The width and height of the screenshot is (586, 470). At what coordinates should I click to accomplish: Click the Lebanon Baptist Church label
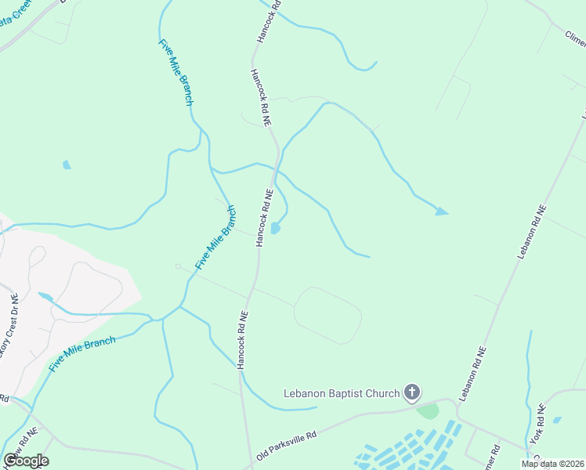341,392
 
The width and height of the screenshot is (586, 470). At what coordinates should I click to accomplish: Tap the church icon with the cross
412,392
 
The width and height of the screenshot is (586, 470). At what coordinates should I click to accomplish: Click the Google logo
26,461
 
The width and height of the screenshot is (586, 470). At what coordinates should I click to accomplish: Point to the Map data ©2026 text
552,464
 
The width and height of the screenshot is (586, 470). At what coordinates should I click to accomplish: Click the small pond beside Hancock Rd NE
275,228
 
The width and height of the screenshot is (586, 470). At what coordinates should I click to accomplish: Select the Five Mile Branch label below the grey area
82,353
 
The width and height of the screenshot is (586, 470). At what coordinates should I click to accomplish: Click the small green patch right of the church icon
428,410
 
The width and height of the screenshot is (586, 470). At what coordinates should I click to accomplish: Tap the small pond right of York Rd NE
557,420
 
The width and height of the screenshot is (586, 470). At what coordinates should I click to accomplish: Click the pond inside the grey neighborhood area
45,298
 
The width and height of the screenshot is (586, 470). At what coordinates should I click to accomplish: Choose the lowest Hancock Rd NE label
243,339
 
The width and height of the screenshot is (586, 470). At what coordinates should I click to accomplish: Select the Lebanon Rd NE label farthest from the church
531,233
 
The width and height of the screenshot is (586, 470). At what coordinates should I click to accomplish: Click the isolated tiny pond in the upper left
67,164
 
